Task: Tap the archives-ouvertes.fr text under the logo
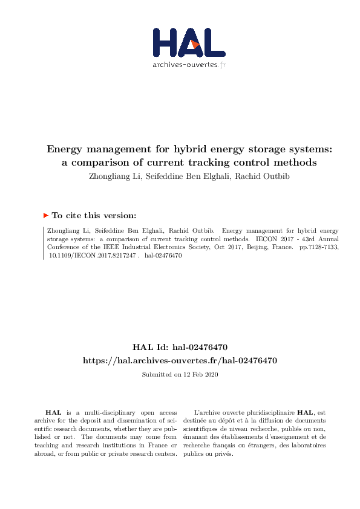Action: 189,65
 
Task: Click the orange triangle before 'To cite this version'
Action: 46,215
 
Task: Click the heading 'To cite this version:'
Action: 94,215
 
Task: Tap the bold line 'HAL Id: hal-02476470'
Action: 180,347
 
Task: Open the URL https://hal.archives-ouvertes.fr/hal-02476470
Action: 180,360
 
